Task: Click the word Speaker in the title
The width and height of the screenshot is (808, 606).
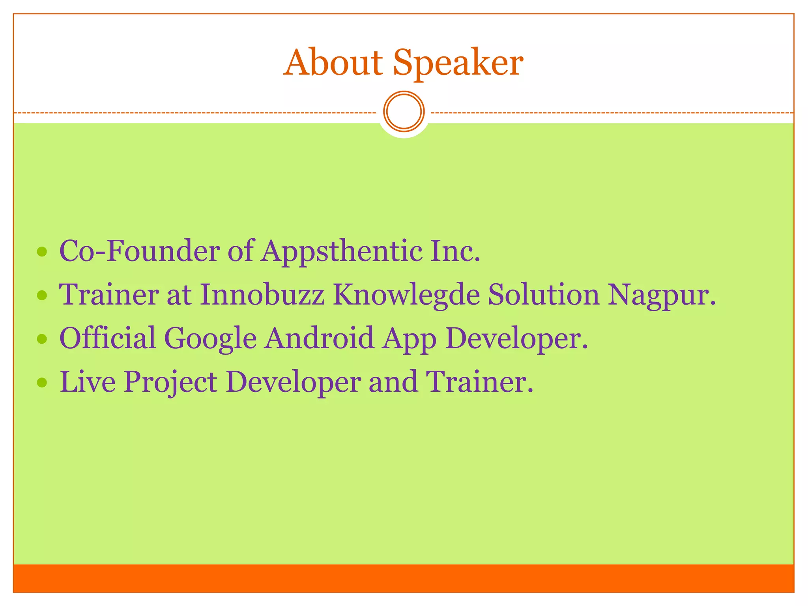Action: click(x=458, y=63)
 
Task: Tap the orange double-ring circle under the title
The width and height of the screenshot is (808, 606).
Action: click(x=404, y=112)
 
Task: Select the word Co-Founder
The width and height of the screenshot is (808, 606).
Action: click(x=139, y=251)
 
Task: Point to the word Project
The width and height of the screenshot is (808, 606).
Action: click(x=170, y=383)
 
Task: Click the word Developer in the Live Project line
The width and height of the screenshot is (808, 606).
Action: click(x=293, y=383)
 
